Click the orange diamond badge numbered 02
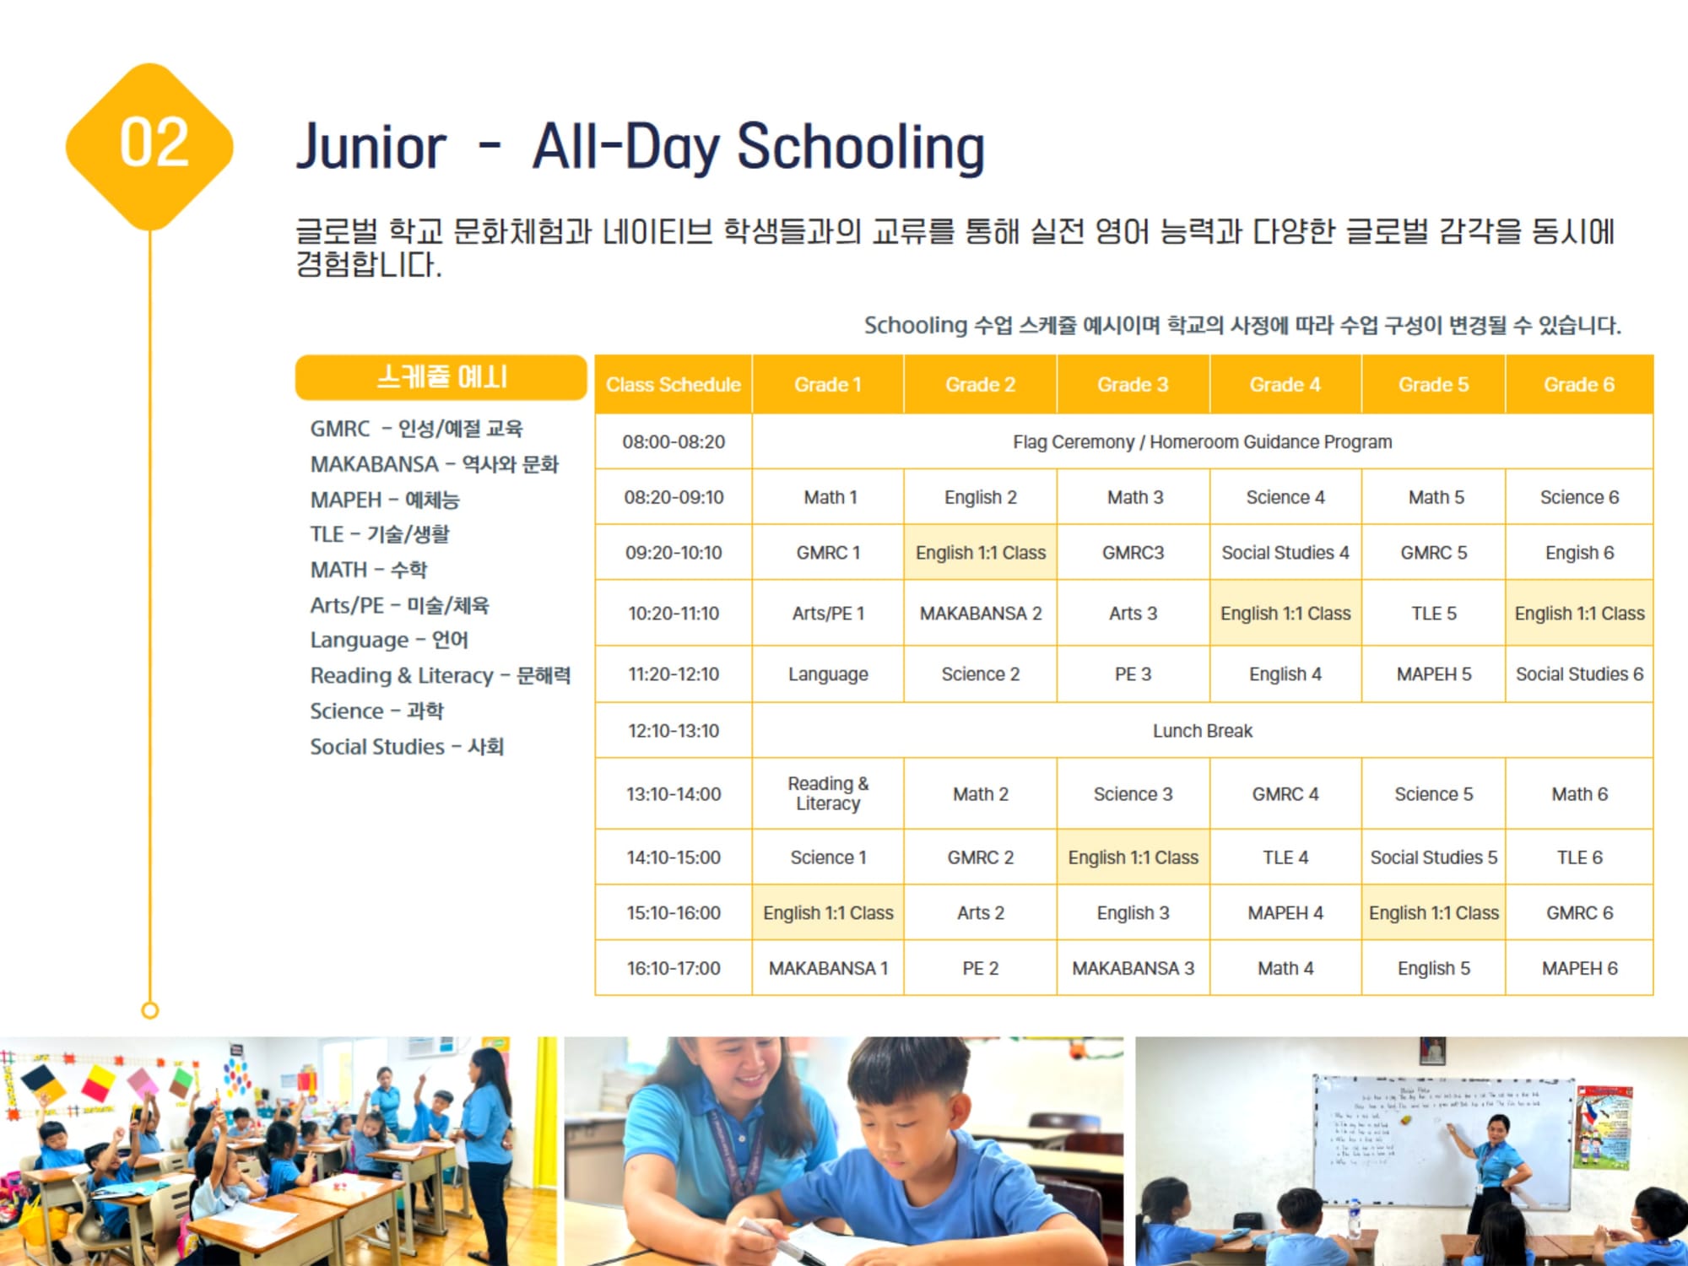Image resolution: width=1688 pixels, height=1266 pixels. click(x=150, y=145)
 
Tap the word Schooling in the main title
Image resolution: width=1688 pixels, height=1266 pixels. click(x=861, y=147)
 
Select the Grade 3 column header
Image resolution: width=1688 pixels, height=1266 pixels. click(x=1133, y=385)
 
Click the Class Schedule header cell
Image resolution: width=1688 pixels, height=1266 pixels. click(x=674, y=385)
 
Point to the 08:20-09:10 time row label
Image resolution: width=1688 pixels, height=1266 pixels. click(x=674, y=497)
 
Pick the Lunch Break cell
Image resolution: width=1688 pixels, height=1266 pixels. click(x=1202, y=731)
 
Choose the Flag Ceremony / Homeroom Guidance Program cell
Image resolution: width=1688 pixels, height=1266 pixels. click(x=1202, y=441)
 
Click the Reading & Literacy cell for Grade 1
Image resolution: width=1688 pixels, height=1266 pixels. click(x=828, y=793)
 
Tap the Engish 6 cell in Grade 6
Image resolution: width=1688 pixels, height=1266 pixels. click(x=1579, y=553)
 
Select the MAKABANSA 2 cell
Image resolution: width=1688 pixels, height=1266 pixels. click(x=981, y=614)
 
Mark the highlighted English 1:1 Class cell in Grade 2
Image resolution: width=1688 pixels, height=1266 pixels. click(x=981, y=553)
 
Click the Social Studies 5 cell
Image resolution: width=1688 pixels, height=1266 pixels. click(x=1433, y=858)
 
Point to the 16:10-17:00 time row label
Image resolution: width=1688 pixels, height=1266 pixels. click(x=674, y=968)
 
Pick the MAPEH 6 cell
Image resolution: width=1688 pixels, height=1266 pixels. click(x=1579, y=968)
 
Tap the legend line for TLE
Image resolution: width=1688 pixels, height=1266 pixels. click(x=380, y=534)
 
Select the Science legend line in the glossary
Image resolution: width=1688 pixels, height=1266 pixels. click(x=376, y=711)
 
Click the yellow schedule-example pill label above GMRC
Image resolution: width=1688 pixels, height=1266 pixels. click(x=441, y=376)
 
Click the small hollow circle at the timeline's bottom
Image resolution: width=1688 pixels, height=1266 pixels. click(x=150, y=1009)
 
